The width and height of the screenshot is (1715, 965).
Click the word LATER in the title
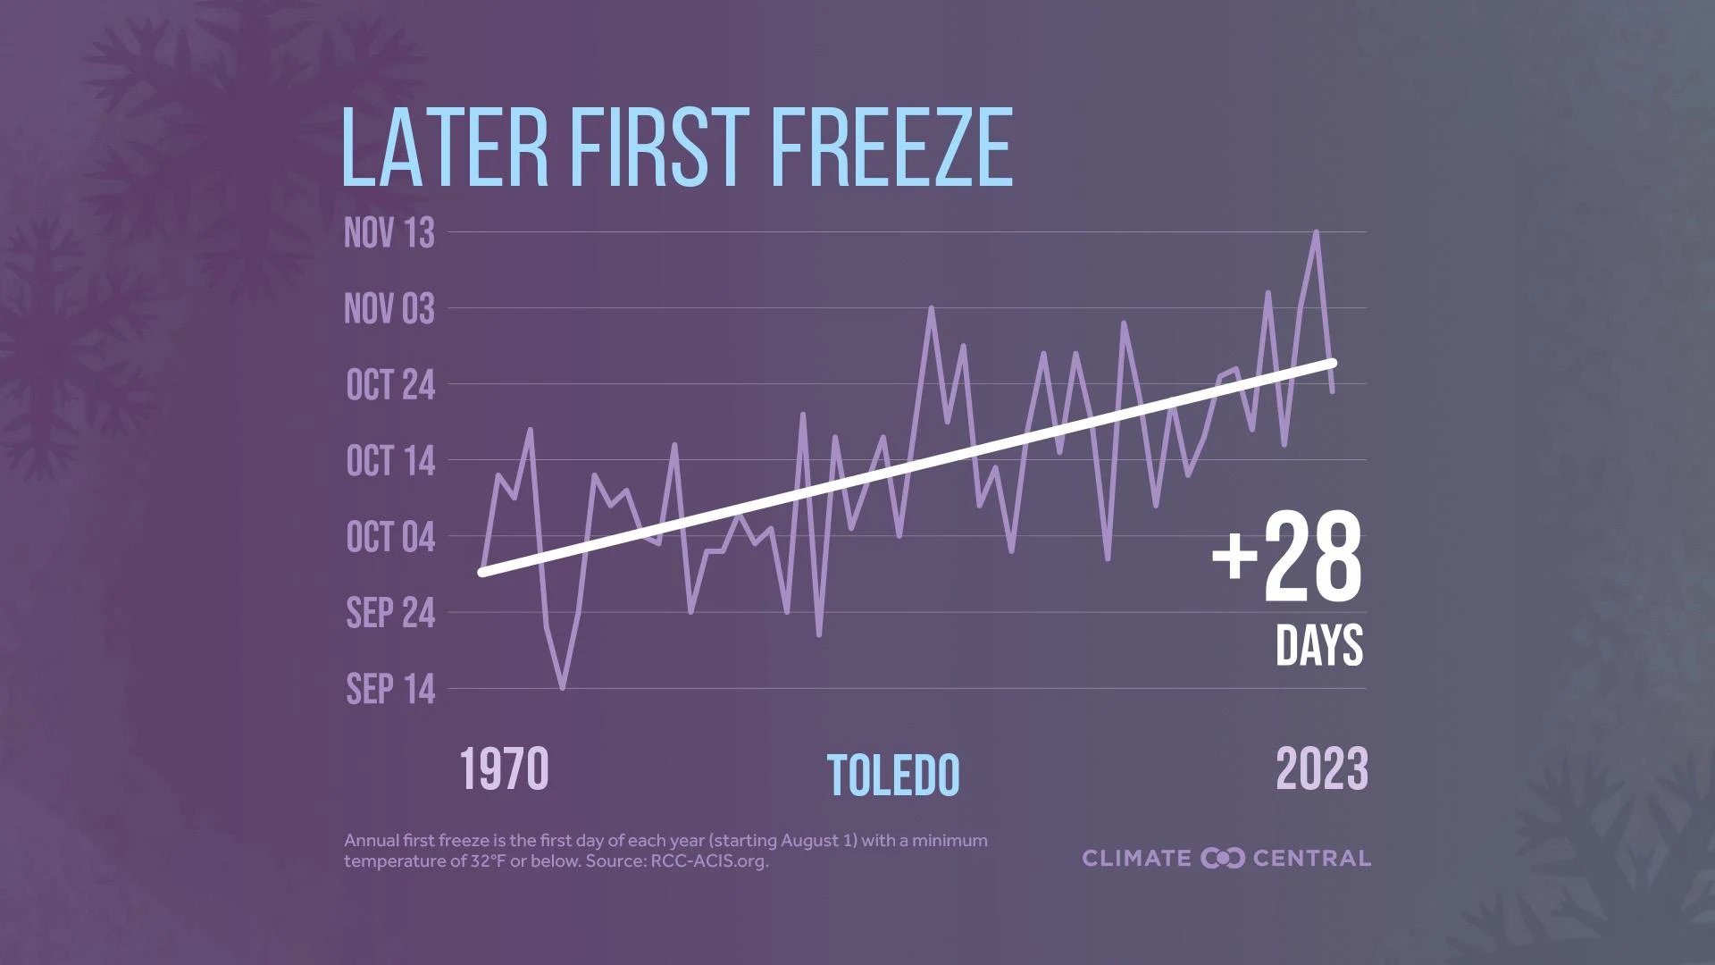[444, 147]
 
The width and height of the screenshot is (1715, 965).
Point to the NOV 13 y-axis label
[389, 233]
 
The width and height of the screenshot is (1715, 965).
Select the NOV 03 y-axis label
[389, 309]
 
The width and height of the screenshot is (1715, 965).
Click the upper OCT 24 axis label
[390, 385]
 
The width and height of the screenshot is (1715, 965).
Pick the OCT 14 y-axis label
[390, 461]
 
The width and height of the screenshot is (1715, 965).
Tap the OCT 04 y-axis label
[390, 537]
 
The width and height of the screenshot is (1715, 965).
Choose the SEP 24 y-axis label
[390, 613]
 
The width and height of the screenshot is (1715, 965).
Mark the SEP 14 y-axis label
[390, 689]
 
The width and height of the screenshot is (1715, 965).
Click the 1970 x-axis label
[504, 770]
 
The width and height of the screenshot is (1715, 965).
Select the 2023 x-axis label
[1321, 770]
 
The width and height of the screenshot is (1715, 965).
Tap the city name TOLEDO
[893, 776]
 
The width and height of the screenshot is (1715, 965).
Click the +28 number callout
[1287, 558]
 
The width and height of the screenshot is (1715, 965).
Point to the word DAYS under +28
[1319, 645]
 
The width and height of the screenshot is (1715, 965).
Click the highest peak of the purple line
[1316, 232]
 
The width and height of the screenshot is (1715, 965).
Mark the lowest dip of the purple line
[562, 688]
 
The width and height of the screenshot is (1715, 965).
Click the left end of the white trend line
[483, 572]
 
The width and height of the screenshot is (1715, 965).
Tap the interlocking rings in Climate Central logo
[1223, 858]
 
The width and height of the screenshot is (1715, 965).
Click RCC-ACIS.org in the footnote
[708, 861]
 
